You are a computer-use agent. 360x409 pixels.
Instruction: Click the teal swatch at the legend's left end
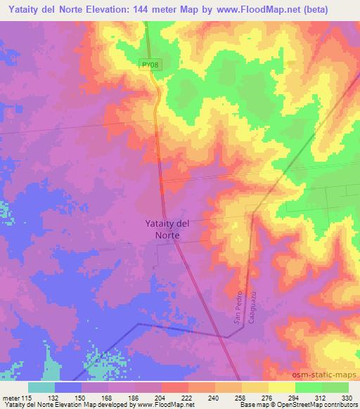(x=41, y=387)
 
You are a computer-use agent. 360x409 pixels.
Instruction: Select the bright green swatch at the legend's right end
(x=335, y=387)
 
